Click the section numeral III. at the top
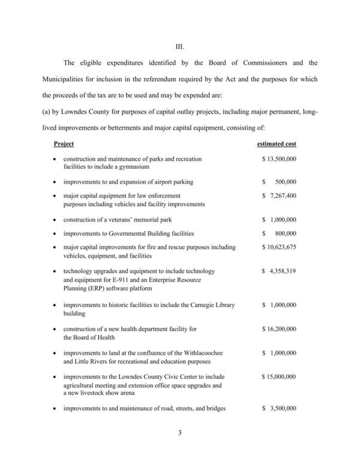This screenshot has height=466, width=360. [179, 43]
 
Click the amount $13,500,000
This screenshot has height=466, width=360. [280, 159]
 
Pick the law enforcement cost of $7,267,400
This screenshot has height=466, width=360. [280, 196]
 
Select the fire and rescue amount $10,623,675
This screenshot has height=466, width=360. [280, 247]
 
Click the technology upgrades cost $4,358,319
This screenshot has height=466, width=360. [280, 271]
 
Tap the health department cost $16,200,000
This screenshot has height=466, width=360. [280, 329]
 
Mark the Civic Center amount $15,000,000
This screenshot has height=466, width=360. [280, 377]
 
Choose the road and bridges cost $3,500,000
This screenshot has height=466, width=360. [280, 409]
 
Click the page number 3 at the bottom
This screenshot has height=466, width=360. [179, 448]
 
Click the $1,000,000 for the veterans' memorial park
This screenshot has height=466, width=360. [280, 219]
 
